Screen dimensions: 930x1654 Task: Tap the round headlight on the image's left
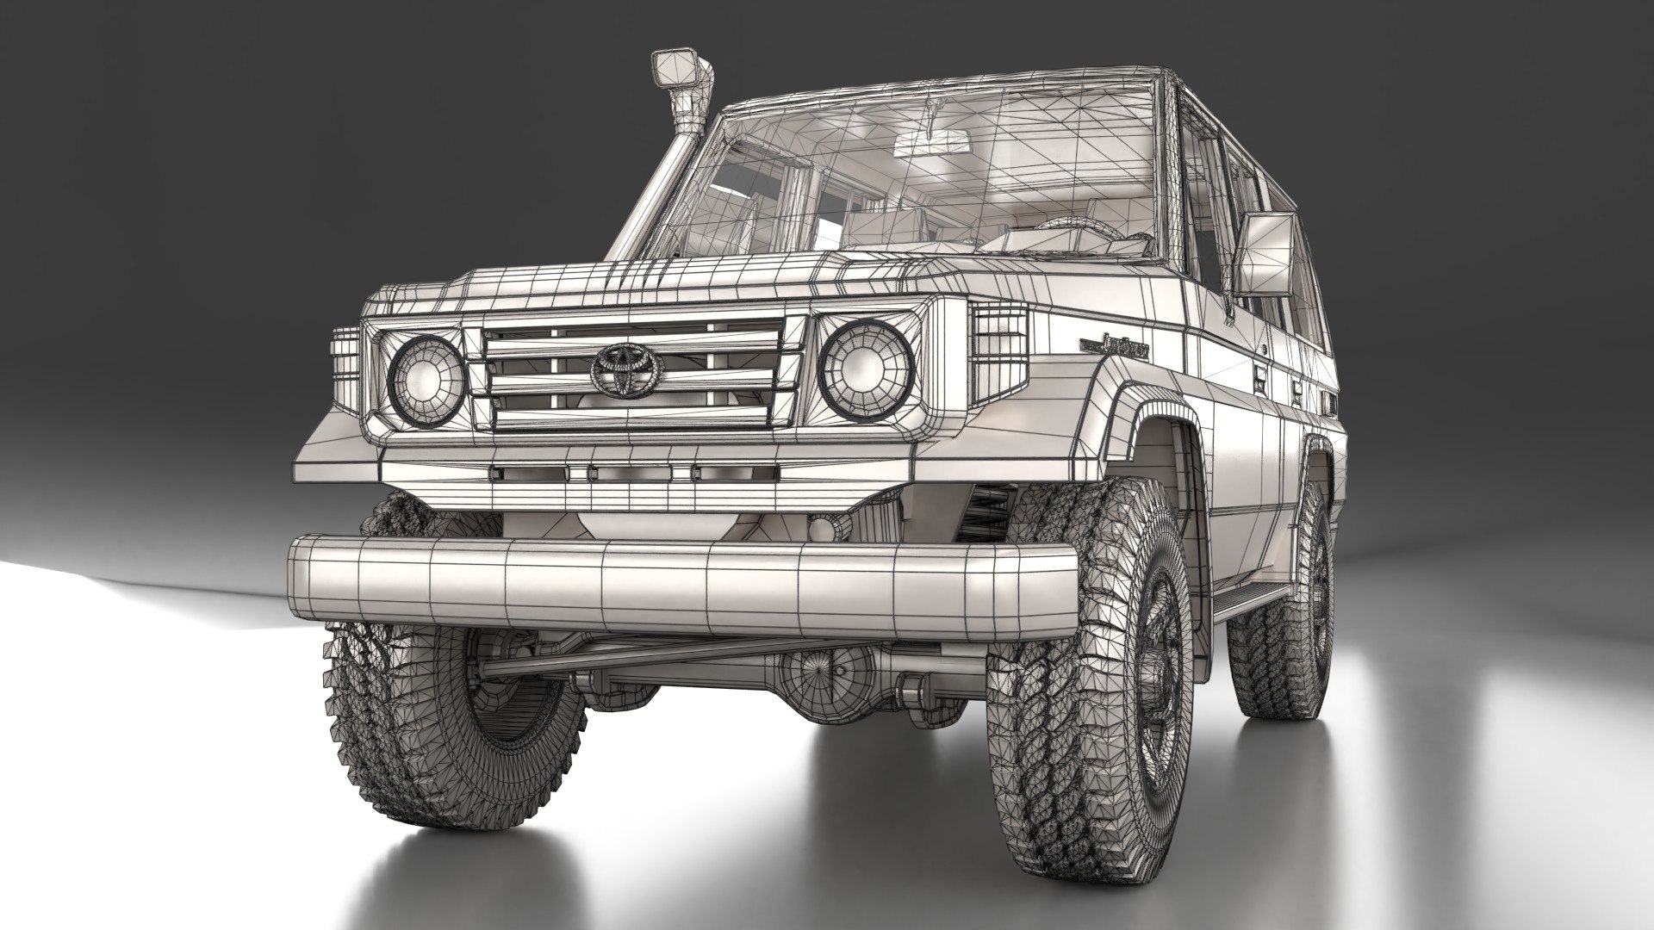coord(426,375)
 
